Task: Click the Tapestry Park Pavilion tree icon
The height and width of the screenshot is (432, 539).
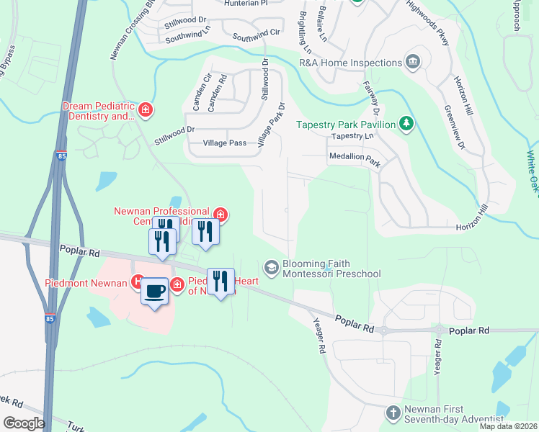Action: pos(407,124)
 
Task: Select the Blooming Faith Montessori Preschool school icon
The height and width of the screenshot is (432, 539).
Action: pos(272,268)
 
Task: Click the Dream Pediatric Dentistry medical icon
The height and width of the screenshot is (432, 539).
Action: pos(146,110)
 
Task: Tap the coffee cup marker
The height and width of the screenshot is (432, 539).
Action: pos(154,291)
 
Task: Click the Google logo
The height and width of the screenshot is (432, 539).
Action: pos(23,423)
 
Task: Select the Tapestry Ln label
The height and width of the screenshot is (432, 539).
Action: pos(352,135)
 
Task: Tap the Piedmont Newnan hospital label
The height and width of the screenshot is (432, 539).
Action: pos(86,283)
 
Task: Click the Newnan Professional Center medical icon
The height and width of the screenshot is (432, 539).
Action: pos(221,215)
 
